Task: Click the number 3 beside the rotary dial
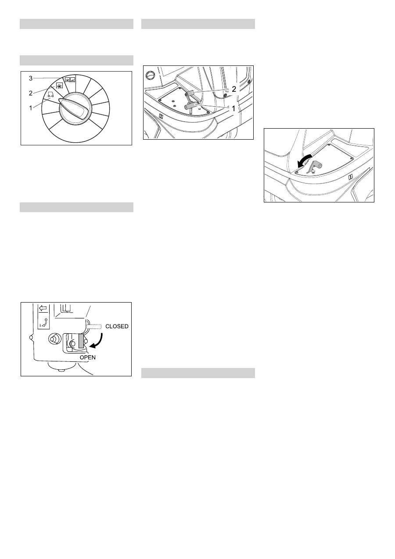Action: point(31,78)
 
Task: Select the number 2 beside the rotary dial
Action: point(31,94)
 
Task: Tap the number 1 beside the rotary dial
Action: point(31,108)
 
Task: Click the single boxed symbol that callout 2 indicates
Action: point(59,85)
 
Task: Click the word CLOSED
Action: point(117,326)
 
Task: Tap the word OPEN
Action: point(87,357)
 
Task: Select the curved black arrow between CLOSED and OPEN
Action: point(98,340)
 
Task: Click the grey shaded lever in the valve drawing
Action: point(81,341)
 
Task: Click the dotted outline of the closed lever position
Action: point(94,326)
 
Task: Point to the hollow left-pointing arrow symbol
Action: point(43,308)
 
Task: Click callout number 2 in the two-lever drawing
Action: point(233,89)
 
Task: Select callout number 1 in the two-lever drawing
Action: point(233,108)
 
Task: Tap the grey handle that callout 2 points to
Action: point(190,94)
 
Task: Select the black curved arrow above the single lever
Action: point(304,161)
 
